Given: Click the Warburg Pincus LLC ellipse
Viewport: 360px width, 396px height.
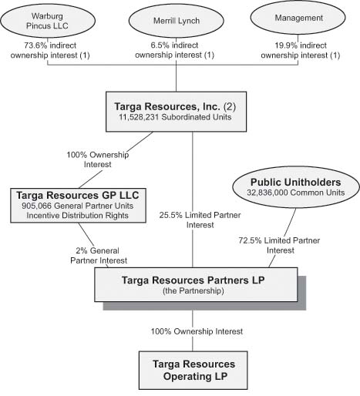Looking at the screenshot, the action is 48,21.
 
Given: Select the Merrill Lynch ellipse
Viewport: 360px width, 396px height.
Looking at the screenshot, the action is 177,21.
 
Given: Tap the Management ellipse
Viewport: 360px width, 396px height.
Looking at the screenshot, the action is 298,18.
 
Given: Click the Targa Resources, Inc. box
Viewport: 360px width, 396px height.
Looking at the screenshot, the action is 177,112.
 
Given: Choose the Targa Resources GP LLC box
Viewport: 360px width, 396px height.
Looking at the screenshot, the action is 78,206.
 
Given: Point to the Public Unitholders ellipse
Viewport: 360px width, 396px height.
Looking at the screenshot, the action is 296,187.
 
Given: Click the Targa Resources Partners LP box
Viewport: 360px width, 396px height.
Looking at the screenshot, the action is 196,284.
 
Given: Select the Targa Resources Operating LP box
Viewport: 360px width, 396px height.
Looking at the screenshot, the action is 193,371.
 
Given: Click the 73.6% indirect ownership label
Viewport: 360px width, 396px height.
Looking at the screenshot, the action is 50,50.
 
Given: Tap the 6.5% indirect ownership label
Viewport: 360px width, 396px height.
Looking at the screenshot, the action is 175,50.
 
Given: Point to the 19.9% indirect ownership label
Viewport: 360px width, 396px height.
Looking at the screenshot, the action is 301,50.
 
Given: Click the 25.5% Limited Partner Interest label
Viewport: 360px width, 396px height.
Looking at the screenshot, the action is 200,220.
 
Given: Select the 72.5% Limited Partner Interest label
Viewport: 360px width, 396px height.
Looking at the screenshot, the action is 279,245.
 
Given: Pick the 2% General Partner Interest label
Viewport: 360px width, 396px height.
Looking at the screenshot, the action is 99,256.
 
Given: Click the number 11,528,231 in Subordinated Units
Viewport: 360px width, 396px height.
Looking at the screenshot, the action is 139,117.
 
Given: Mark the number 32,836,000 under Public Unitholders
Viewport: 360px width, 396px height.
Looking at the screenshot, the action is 267,193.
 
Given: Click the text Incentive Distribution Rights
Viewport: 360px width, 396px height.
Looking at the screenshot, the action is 77,215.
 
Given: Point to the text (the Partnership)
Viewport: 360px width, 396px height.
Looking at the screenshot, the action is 193,290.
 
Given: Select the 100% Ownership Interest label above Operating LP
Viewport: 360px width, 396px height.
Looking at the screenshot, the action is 197,331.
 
